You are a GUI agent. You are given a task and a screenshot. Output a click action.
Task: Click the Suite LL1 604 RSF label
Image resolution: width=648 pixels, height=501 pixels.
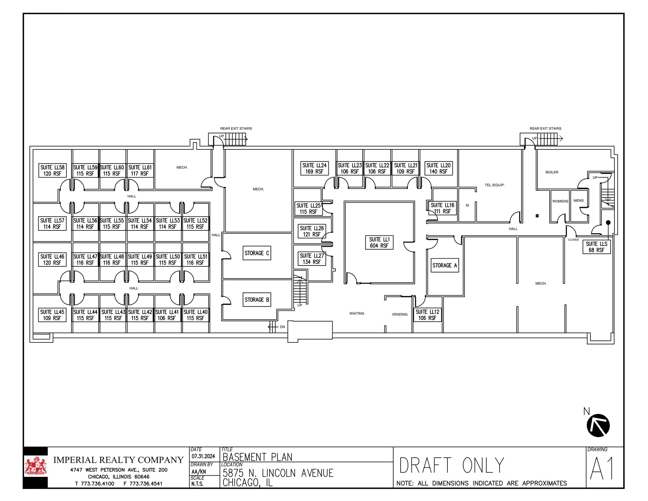point(379,242)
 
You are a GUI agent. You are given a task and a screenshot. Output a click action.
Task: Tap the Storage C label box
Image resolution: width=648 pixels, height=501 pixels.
point(257,253)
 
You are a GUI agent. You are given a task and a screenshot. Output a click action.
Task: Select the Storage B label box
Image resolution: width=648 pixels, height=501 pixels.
point(257,299)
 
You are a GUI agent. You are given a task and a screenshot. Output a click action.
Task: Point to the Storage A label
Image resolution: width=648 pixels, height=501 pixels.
point(445,265)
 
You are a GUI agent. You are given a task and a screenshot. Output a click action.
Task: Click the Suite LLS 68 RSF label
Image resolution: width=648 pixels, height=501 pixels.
point(596,247)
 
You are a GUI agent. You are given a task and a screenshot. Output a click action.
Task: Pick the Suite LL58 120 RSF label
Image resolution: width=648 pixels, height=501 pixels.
point(52,170)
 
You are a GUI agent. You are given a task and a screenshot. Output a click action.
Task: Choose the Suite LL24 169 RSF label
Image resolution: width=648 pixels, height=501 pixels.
point(314,168)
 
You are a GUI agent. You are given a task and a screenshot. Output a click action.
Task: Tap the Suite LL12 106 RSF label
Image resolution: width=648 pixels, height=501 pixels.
point(427,315)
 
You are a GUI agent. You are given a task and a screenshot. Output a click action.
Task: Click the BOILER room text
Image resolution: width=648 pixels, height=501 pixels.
point(552,172)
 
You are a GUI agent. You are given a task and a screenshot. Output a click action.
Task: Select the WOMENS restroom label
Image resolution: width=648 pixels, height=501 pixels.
point(560,201)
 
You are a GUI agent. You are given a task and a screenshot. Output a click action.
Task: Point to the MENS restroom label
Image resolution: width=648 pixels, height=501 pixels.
point(578,201)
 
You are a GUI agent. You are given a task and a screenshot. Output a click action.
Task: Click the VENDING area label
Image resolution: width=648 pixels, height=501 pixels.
point(400,314)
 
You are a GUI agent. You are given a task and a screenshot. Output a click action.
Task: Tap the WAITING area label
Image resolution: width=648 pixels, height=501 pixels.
point(357,313)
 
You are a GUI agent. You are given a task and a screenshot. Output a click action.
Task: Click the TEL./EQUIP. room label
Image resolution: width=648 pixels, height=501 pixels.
point(495,185)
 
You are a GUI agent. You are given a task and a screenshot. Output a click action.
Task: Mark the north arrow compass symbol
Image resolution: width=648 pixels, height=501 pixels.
point(598,425)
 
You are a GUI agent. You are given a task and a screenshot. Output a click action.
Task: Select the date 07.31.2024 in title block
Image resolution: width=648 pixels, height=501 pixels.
point(203,456)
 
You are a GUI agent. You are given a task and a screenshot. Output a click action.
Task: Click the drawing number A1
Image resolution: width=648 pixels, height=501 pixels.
point(602,469)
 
